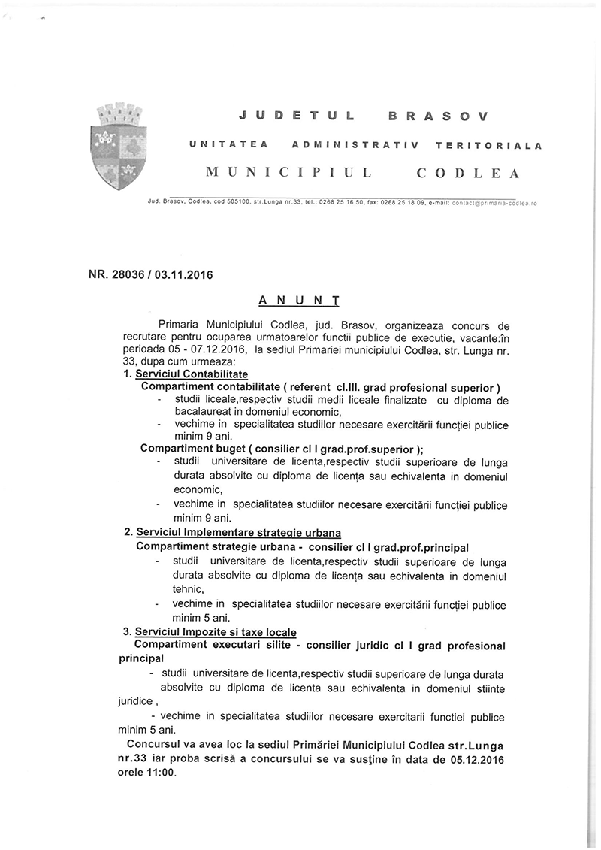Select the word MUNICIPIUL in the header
pyautogui.click(x=289, y=173)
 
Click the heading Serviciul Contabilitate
pyautogui.click(x=192, y=374)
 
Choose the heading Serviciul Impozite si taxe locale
pyautogui.click(x=213, y=631)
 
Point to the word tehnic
pyautogui.click(x=176, y=590)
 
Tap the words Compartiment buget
pyautogui.click(x=185, y=449)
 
